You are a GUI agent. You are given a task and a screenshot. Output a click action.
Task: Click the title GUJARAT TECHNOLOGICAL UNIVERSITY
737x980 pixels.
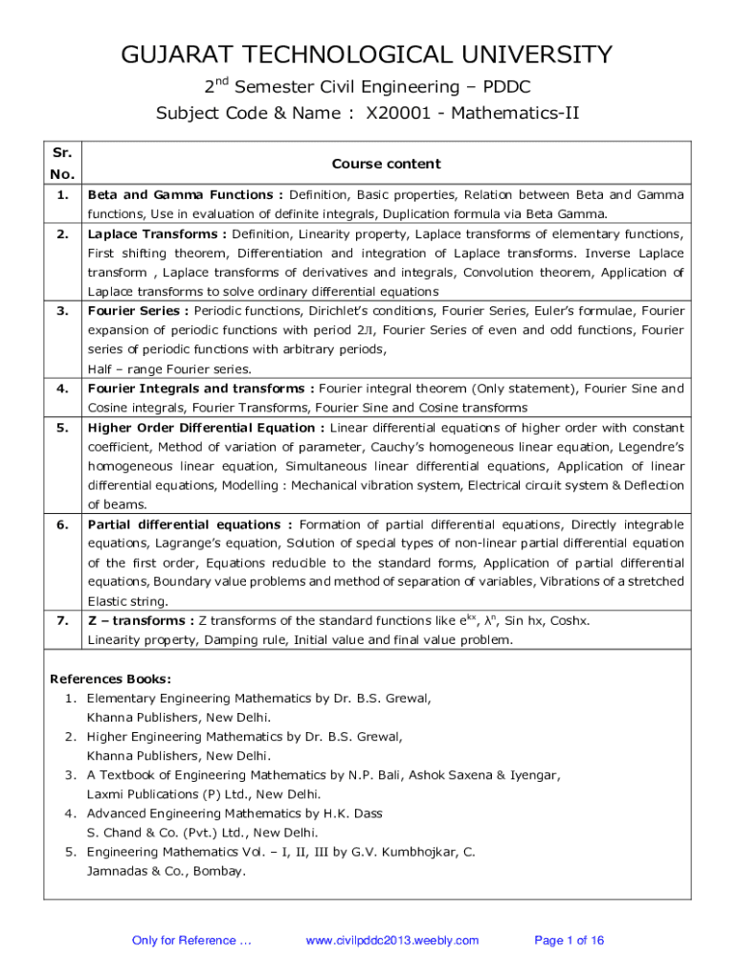click(x=367, y=55)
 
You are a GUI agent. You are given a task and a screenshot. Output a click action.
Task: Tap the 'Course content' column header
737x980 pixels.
click(x=386, y=164)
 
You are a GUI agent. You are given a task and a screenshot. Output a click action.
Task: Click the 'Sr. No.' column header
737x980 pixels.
click(x=62, y=164)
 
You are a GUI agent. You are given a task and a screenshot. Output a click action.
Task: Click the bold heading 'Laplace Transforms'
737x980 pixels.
click(x=153, y=234)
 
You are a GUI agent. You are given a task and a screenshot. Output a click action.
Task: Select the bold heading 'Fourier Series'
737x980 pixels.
click(x=135, y=311)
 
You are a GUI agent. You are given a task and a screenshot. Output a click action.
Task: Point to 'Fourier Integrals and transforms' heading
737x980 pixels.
click(x=196, y=389)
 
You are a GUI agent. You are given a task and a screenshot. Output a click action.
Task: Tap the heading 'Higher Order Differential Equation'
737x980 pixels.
click(x=205, y=428)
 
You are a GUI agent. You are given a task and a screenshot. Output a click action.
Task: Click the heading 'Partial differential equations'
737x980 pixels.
click(x=185, y=524)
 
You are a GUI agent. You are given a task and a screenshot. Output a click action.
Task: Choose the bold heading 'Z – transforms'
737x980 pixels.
click(x=139, y=621)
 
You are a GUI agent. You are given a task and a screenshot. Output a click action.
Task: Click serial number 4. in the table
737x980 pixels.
click(x=62, y=389)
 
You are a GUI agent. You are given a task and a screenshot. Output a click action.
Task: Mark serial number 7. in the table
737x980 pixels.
click(x=62, y=621)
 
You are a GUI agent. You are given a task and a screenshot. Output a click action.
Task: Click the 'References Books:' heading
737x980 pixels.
click(x=110, y=679)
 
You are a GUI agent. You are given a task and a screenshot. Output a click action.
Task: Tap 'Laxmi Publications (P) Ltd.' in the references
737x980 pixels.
click(x=173, y=794)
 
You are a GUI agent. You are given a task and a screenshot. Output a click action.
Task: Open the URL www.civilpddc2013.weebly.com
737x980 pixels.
click(x=391, y=941)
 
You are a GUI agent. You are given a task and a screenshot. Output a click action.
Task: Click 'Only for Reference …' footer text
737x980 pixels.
click(x=191, y=941)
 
